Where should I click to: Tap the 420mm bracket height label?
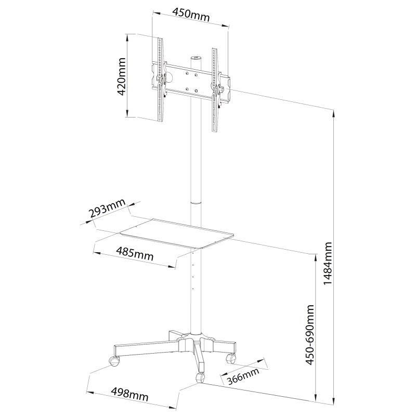click(122, 76)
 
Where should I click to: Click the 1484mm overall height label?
click(328, 263)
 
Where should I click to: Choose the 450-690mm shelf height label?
click(309, 335)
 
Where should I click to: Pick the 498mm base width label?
click(129, 395)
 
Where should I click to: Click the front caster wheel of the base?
click(200, 377)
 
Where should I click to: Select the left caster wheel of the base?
click(114, 361)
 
